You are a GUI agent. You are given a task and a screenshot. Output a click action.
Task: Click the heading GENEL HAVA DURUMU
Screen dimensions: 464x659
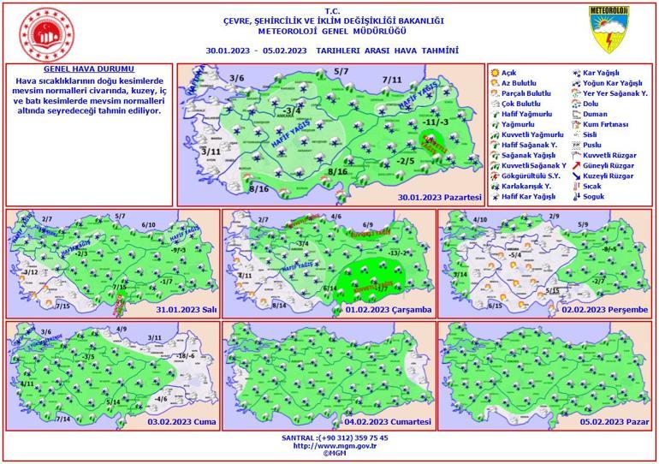(88, 68)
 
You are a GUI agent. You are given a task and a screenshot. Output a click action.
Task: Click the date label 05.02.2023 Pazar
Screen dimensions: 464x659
(614, 421)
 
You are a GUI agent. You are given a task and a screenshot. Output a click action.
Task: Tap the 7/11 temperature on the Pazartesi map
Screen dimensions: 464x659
(392, 80)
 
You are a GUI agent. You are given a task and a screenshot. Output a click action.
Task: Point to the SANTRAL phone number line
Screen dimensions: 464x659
(329, 437)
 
